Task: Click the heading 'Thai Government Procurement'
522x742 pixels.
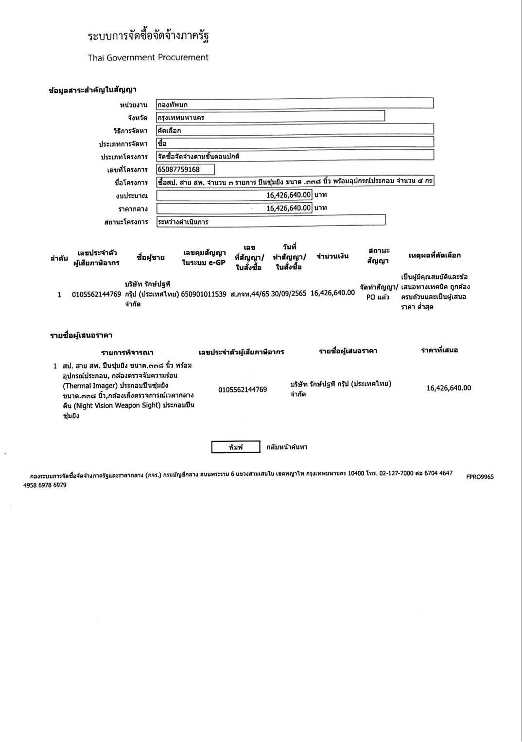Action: [x=148, y=57]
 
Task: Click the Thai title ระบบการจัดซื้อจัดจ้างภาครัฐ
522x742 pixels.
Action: [x=148, y=36]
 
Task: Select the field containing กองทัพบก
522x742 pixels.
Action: [x=295, y=104]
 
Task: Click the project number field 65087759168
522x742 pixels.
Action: [x=185, y=169]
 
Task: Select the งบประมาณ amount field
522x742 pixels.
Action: [x=234, y=195]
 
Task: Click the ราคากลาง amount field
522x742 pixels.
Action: [x=234, y=208]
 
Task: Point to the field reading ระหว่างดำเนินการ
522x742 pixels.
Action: [x=270, y=221]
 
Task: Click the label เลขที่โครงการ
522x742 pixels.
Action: [x=127, y=170]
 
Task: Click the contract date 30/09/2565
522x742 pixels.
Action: [x=289, y=294]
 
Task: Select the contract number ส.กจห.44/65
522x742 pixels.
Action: [x=250, y=294]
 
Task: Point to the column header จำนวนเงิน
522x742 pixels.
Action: [x=332, y=256]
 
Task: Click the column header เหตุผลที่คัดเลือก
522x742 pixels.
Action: [x=435, y=255]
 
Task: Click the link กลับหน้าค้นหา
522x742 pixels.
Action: [x=287, y=447]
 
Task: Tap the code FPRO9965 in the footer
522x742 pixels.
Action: [x=480, y=477]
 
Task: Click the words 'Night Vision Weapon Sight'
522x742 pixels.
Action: [x=117, y=406]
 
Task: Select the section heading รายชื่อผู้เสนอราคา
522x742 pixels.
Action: [x=82, y=336]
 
